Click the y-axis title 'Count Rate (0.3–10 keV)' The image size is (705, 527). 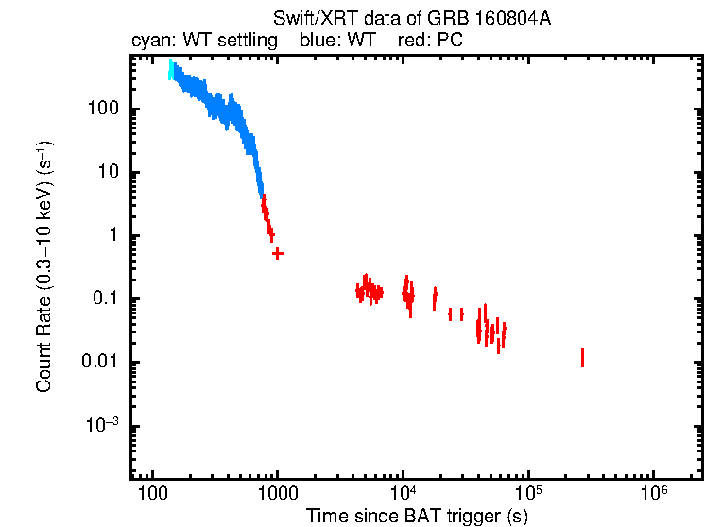click(x=43, y=267)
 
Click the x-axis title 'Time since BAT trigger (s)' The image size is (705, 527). click(x=417, y=516)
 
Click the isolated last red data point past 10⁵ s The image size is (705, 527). click(x=582, y=357)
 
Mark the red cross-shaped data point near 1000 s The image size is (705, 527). click(x=277, y=253)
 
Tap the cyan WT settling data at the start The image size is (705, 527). click(x=171, y=72)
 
